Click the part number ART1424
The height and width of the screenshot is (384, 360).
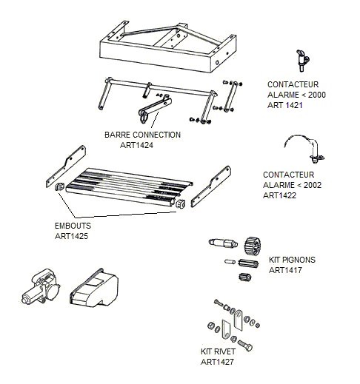coord(136,145)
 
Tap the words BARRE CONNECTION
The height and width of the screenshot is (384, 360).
coord(142,135)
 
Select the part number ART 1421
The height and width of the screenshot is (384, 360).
coord(285,105)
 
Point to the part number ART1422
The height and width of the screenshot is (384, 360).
coord(279,195)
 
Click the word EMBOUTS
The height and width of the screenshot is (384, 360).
coord(73,226)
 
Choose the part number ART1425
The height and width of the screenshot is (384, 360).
coord(71,236)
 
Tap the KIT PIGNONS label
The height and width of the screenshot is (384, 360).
coord(292,260)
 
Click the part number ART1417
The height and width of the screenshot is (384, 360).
coord(285,270)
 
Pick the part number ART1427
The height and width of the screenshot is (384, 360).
coord(217,362)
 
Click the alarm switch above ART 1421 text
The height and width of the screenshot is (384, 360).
coord(302,61)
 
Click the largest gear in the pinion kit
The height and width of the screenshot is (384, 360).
coord(253,246)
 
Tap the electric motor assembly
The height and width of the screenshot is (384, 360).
coord(41,286)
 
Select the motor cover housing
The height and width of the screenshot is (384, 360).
coord(94,287)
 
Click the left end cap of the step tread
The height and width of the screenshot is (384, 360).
coord(59,186)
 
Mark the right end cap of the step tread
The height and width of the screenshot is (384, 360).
coord(180,203)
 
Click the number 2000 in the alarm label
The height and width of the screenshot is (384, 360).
coord(317,95)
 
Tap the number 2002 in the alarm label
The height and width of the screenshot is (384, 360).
coord(313,185)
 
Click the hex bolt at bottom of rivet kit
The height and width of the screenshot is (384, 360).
coord(245,345)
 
